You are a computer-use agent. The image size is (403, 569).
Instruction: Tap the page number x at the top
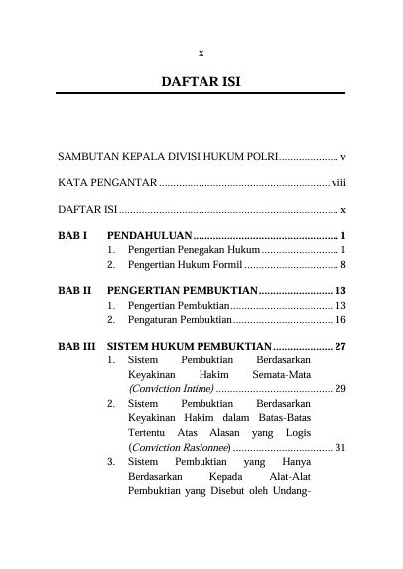[x=201, y=52]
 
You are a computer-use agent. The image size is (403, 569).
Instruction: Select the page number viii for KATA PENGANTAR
[x=338, y=184]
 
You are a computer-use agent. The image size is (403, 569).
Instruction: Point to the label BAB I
[x=72, y=237]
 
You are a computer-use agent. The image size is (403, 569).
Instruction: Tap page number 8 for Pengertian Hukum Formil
[x=342, y=265]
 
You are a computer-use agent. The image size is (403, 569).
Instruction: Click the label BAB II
[x=74, y=292]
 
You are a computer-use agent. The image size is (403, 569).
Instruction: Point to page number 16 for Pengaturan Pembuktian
[x=339, y=320]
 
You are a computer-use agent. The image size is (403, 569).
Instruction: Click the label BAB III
[x=76, y=347]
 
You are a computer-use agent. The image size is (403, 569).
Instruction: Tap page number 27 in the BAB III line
[x=339, y=347]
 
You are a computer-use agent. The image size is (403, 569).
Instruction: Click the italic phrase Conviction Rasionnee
[x=181, y=447]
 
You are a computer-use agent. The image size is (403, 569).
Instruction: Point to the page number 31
[x=339, y=447]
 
